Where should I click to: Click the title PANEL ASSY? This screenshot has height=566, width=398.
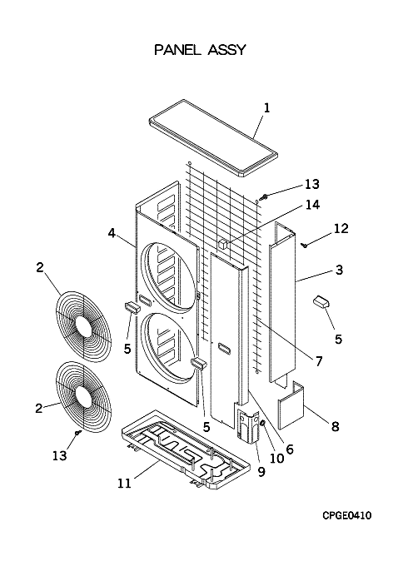coord(200,49)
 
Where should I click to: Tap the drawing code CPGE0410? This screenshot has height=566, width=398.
coord(346,515)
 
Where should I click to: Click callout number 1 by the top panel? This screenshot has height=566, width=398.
coord(266,107)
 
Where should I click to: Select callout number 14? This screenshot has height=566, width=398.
coord(312,205)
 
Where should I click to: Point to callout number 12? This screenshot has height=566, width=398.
coord(341,228)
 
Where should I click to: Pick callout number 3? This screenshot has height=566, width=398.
coord(339,270)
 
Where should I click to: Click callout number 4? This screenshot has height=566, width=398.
coord(112,233)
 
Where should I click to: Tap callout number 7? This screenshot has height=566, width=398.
coord(318,361)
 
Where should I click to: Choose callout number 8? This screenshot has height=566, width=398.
coord(336,426)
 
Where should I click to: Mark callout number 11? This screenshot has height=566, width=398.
coord(124,483)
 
